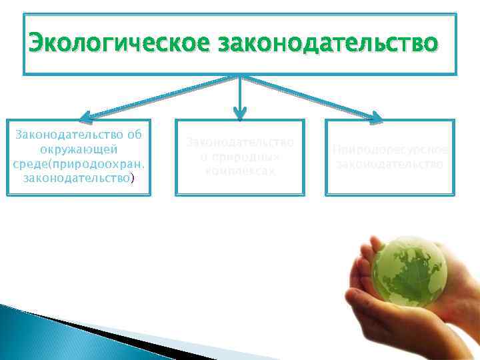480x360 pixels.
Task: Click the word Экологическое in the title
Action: click(x=109, y=44)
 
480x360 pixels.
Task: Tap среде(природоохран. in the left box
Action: click(x=79, y=165)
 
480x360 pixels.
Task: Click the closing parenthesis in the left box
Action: click(x=133, y=179)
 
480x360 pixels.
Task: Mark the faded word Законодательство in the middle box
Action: click(x=240, y=142)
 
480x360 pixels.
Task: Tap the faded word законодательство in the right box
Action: click(x=390, y=164)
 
